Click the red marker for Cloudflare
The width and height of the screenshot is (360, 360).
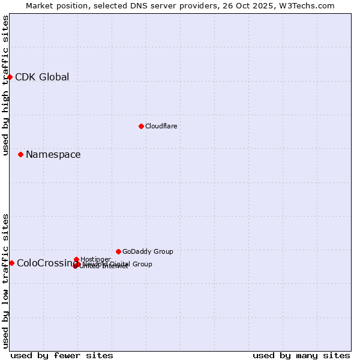click(x=141, y=126)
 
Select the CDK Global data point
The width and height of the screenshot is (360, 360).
click(x=10, y=77)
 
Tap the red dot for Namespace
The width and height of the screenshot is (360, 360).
click(x=20, y=154)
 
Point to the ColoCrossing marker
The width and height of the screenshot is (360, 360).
click(x=11, y=263)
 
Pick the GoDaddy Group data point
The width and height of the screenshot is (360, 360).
click(x=118, y=251)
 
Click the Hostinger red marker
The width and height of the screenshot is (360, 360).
click(x=76, y=259)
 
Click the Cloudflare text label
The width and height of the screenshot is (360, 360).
click(x=161, y=126)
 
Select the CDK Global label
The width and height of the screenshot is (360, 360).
click(x=42, y=77)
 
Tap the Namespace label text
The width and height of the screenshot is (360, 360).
click(x=53, y=155)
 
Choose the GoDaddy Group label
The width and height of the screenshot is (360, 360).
click(x=148, y=251)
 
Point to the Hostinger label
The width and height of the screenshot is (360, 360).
click(x=95, y=259)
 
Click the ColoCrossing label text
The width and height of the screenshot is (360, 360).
click(x=43, y=263)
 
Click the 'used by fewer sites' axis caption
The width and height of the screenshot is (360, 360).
click(x=62, y=355)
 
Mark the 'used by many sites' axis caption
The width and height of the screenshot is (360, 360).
click(x=301, y=355)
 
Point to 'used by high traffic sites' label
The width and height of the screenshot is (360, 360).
click(x=5, y=85)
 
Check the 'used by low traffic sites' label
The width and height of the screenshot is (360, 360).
click(x=5, y=281)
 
